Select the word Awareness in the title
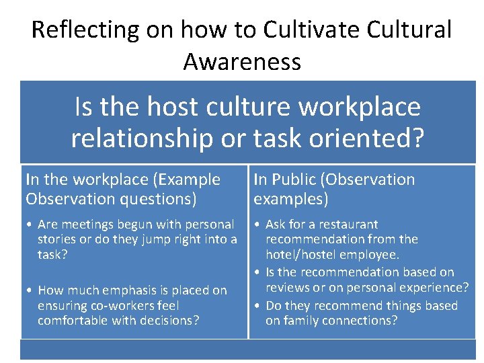(242, 62)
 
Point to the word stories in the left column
(56, 239)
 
